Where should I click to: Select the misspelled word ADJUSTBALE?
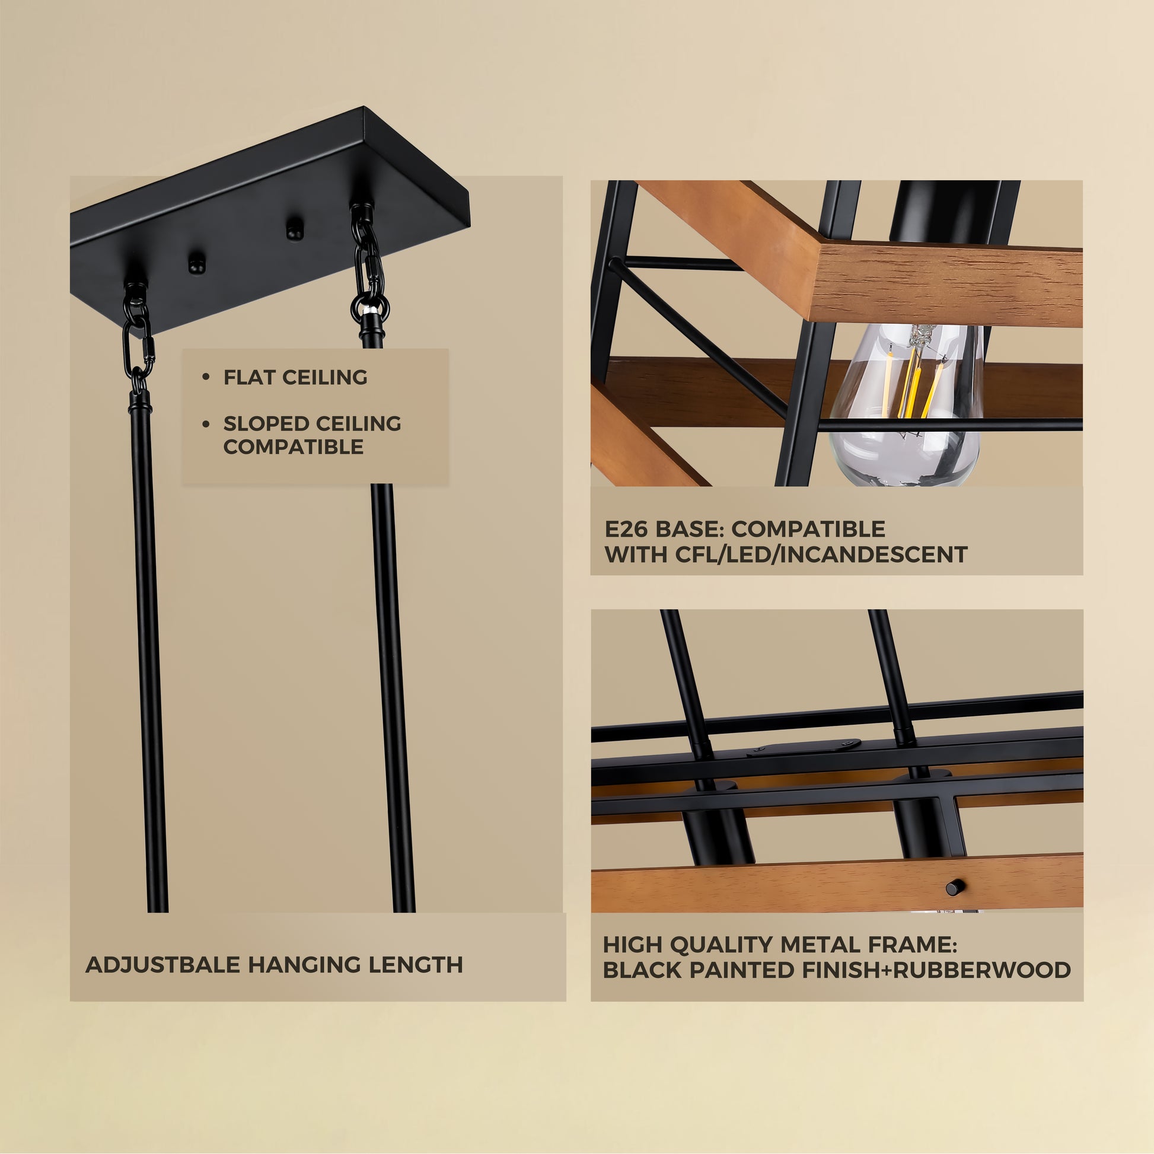(x=162, y=965)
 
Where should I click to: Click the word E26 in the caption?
(x=626, y=529)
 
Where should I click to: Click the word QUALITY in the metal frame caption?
(x=721, y=945)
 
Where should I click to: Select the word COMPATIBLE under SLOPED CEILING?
(x=294, y=447)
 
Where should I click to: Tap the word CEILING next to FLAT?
(x=325, y=378)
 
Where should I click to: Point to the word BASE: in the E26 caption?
(x=690, y=529)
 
